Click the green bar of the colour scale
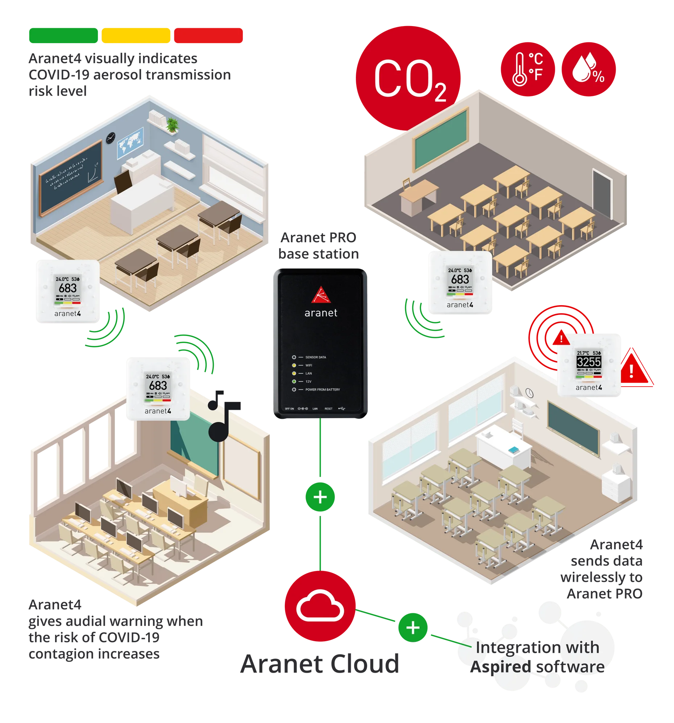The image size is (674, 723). click(63, 35)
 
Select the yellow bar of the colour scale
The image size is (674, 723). click(136, 35)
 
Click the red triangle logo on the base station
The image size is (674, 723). click(321, 295)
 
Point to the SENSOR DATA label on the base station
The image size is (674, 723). click(316, 357)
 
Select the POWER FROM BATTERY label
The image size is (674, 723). click(323, 390)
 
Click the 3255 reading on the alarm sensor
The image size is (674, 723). click(589, 362)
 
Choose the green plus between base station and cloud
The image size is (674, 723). click(320, 497)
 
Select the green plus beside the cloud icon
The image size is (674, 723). click(413, 628)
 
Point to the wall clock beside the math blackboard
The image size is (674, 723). click(111, 138)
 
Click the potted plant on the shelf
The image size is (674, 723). click(172, 125)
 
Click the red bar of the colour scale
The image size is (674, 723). click(208, 35)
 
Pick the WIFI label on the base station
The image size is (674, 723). click(309, 365)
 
